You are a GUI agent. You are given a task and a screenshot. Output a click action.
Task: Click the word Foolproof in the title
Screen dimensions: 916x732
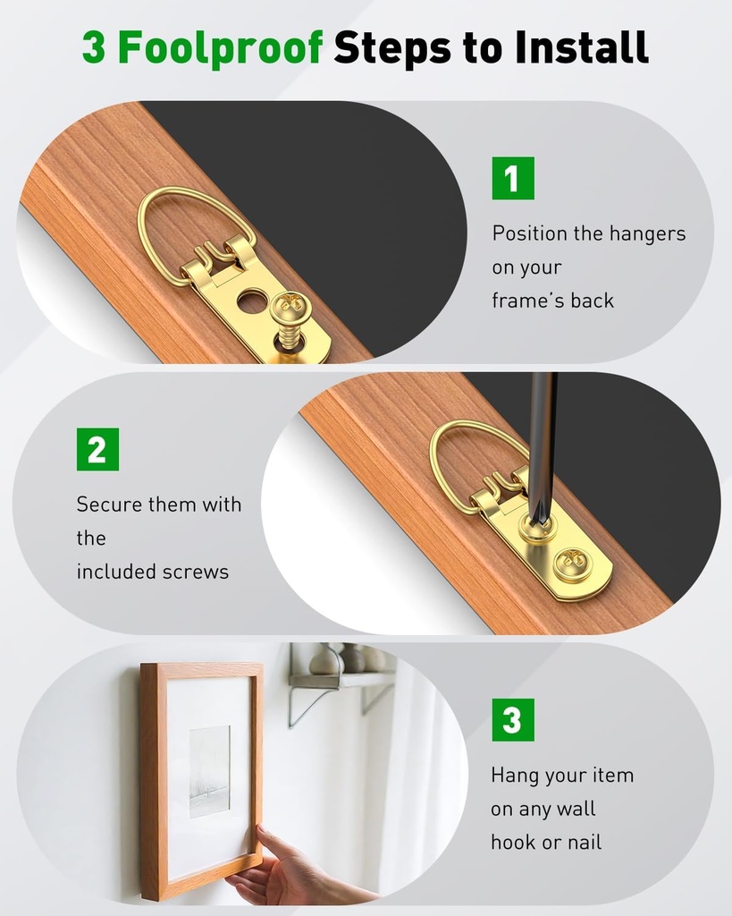(219, 47)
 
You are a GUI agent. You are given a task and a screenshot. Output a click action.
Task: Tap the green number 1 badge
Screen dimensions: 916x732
(513, 178)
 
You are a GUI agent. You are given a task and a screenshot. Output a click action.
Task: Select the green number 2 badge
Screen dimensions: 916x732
(97, 449)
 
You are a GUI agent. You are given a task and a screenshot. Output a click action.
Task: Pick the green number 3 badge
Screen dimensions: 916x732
(513, 720)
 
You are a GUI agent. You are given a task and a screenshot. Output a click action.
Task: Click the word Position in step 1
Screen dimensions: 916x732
(530, 233)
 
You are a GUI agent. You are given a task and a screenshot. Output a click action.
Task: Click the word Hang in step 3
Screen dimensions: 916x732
(515, 776)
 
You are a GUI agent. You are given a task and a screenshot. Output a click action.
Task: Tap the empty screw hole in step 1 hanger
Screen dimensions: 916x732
(252, 301)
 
